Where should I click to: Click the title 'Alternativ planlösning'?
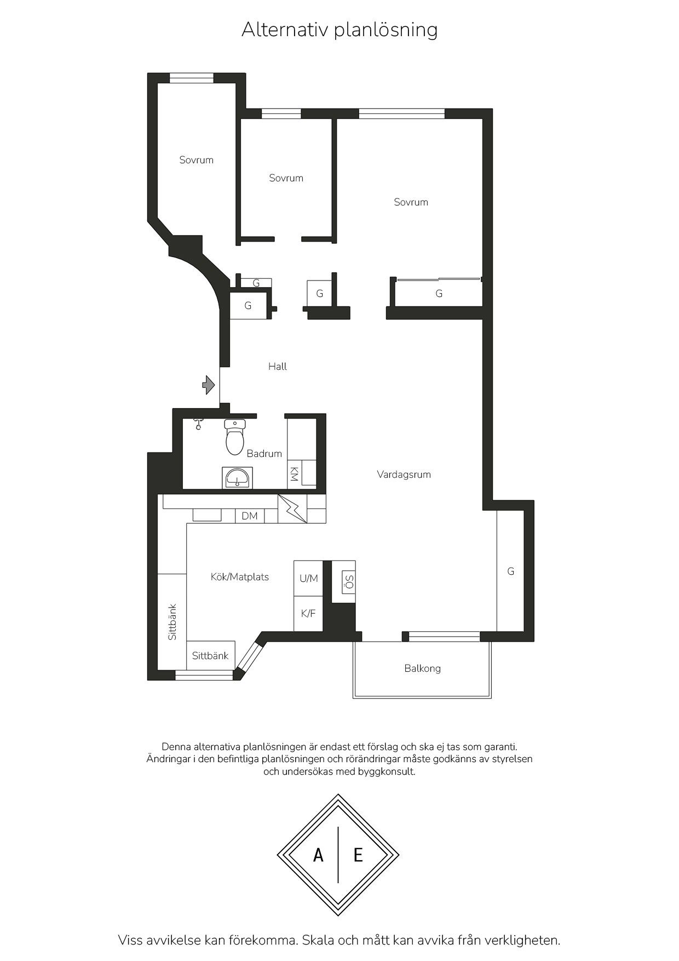[x=339, y=30]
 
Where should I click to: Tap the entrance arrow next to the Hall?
[x=208, y=385]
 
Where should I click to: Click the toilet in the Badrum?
[x=235, y=437]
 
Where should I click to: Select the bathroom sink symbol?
[x=237, y=478]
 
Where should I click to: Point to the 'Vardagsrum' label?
[x=404, y=474]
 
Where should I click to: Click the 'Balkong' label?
[x=422, y=668]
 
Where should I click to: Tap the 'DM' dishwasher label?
[x=250, y=516]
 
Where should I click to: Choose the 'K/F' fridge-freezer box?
[x=308, y=614]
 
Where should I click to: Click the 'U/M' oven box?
[x=308, y=578]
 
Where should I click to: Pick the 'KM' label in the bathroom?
[x=294, y=474]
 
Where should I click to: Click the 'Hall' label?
[x=278, y=367]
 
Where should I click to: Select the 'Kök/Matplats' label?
[x=240, y=577]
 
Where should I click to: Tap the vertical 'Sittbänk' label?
[x=172, y=622]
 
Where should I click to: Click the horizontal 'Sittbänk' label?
[x=210, y=656]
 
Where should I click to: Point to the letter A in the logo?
[x=318, y=855]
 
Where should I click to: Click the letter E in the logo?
[x=358, y=855]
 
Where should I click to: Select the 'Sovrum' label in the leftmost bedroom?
[x=196, y=160]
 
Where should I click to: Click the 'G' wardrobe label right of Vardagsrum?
[x=511, y=571]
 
